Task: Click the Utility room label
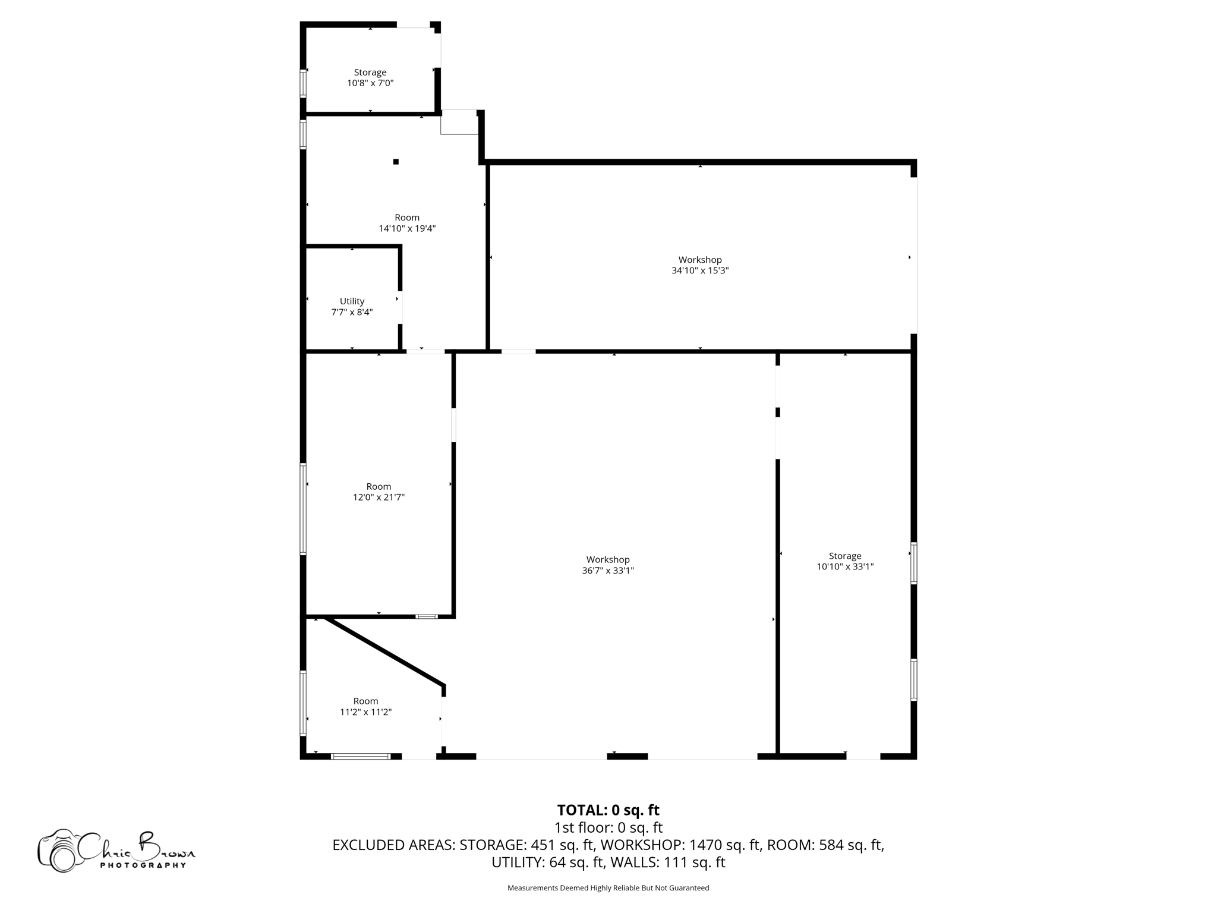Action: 352,301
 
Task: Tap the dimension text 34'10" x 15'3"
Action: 700,270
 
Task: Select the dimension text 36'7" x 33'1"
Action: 608,571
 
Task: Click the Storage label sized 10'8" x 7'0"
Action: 370,73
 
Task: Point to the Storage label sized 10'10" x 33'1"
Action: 845,556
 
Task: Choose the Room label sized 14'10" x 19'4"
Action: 407,218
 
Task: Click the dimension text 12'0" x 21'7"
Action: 379,498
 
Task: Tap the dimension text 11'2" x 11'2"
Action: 365,712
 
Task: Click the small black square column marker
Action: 396,162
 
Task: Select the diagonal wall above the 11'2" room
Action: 384,652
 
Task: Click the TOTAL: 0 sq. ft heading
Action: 608,810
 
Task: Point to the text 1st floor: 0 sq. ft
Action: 608,827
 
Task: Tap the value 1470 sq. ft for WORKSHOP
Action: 725,845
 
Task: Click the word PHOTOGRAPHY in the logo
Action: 143,865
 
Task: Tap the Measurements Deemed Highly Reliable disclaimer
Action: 608,888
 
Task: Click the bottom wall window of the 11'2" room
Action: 361,756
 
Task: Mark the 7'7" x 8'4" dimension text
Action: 352,312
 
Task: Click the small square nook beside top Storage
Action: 459,122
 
